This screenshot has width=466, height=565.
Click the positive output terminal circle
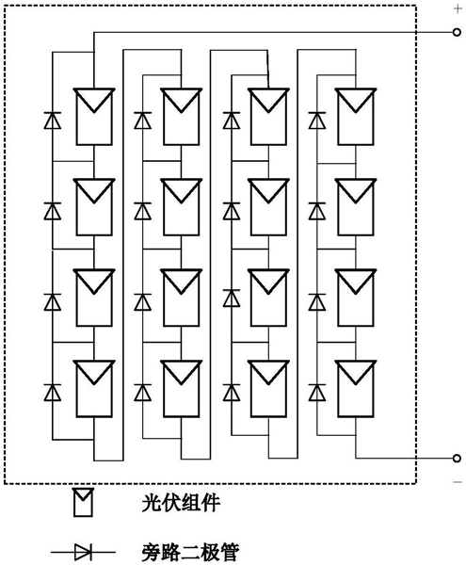pos(457,32)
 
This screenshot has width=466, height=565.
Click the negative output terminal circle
pos(457,459)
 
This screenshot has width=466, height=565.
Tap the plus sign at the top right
pos(458,8)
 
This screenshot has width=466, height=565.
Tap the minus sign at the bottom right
pos(458,482)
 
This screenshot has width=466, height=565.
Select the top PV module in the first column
pos(94,117)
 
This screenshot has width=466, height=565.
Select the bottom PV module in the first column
pos(94,389)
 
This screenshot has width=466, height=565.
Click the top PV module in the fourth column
pos(356,117)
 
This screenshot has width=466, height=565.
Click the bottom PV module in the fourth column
pos(356,389)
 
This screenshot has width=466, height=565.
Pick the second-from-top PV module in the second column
pos(181,207)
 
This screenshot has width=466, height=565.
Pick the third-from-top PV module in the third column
pos(268,298)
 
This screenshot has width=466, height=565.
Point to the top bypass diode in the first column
pos(52,121)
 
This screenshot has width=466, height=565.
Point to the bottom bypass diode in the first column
pos(52,393)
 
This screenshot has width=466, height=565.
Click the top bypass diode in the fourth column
pos(317,121)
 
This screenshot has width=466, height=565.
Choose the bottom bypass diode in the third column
pos(232,393)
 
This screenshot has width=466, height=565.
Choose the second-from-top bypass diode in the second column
pos(142,211)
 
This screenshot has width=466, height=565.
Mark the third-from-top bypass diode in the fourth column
pos(317,302)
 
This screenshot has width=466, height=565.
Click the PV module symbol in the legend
pos(83,502)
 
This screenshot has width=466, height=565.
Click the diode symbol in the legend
pos(83,552)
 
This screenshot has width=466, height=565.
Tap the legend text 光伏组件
pos(181,503)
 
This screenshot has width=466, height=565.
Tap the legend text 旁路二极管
pos(190,553)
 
